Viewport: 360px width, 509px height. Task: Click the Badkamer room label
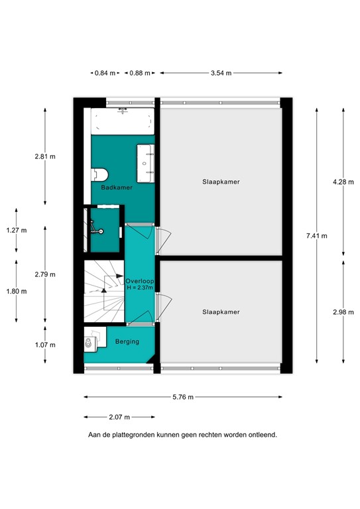click(117, 188)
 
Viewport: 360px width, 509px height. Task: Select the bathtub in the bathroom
click(123, 122)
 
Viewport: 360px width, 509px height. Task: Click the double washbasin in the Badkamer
click(147, 162)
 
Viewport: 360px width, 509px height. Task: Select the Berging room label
click(127, 341)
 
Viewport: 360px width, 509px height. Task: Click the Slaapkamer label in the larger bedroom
click(221, 181)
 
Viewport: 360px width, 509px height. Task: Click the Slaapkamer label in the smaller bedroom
click(221, 311)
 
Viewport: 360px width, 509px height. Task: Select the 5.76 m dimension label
click(182, 397)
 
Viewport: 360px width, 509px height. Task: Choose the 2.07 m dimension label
click(119, 417)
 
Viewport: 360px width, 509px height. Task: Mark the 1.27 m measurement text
click(16, 230)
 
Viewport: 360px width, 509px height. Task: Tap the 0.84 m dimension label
click(105, 73)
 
